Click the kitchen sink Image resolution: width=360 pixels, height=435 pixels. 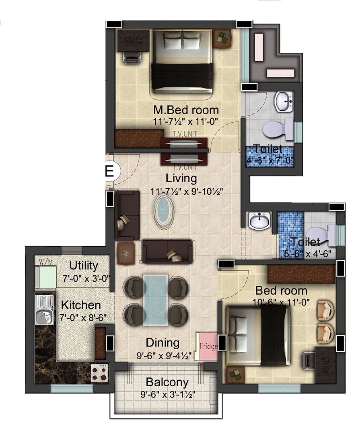(x=44, y=309)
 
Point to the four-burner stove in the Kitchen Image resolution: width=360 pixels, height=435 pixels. (x=100, y=373)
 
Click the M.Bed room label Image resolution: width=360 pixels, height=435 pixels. (x=186, y=110)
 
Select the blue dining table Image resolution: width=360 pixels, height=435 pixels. (x=155, y=300)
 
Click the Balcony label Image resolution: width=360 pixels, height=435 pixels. (x=167, y=382)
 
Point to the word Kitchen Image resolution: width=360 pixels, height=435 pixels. (x=81, y=305)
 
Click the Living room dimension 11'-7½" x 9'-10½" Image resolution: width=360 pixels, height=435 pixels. (x=187, y=192)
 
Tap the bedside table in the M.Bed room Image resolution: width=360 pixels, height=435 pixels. (x=223, y=39)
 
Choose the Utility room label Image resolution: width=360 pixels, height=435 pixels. (x=84, y=266)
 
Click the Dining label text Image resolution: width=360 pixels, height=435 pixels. (x=163, y=343)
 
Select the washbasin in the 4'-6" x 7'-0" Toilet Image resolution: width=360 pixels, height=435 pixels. (x=284, y=101)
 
